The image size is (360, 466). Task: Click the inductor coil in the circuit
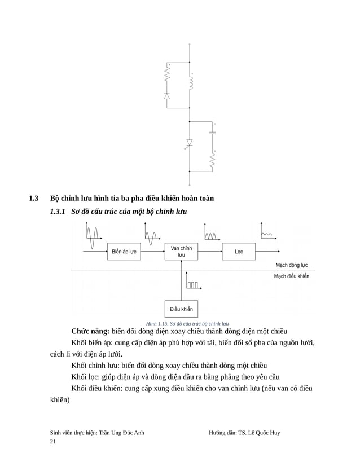pos(190,83)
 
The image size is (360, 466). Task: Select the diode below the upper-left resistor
pos(167,96)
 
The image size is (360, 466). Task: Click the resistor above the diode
pos(167,73)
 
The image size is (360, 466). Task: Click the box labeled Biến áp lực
pos(124,252)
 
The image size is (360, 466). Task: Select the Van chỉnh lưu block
pos(181,252)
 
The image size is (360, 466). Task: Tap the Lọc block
pos(239,252)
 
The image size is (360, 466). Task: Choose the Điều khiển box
pos(181,309)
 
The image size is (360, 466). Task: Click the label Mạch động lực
pos(291,265)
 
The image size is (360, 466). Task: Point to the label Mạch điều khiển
pos(291,276)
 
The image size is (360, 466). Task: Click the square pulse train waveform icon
pos(192,285)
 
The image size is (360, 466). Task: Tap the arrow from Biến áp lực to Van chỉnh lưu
pos(152,252)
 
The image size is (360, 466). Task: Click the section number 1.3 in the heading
pos(33,199)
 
